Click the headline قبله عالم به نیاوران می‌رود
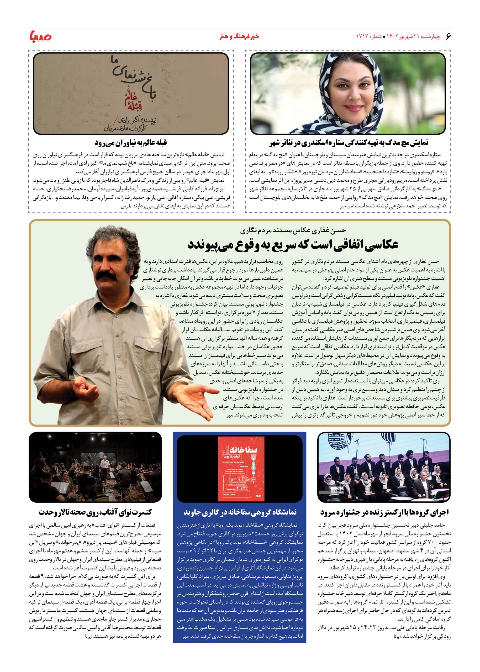coord(131,143)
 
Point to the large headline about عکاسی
coord(293,245)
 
